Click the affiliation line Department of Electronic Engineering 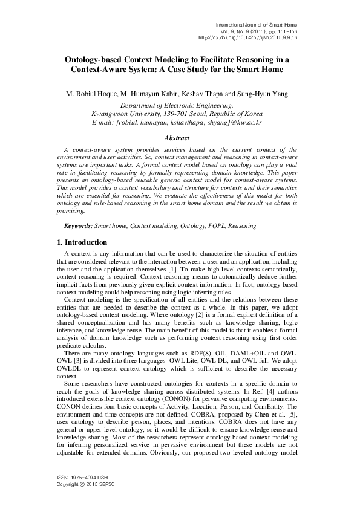tap(180, 105)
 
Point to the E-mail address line tap(180, 122)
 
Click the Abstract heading tap(180, 137)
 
